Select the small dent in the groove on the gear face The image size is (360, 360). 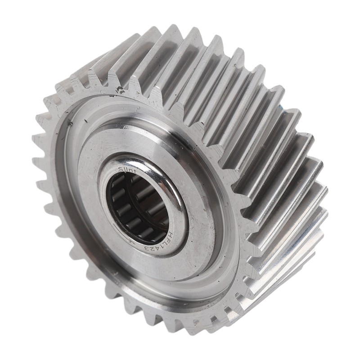(70, 121)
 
